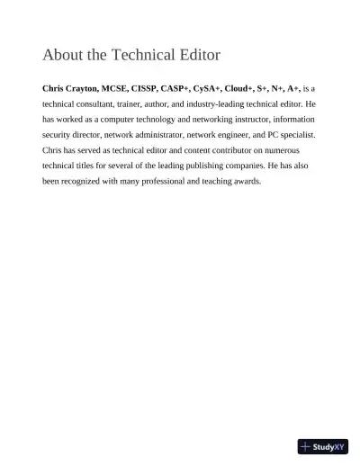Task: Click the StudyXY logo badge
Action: (323, 445)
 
